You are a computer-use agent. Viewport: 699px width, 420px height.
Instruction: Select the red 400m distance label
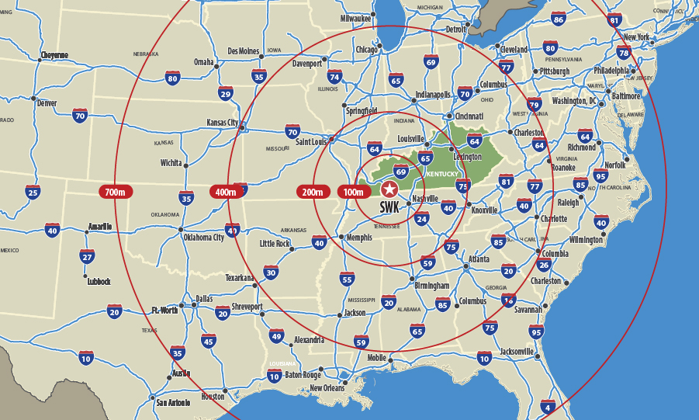226,191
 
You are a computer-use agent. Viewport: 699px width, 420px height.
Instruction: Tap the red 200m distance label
313,191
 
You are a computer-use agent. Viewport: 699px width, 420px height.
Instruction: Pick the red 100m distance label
354,191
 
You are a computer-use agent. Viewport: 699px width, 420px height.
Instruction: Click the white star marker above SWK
389,189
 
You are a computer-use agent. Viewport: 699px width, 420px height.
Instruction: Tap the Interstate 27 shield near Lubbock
88,256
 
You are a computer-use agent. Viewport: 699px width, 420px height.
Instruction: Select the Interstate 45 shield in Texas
208,340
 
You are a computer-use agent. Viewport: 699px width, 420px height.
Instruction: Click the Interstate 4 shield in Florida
548,407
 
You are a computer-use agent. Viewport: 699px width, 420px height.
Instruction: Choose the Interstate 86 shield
558,19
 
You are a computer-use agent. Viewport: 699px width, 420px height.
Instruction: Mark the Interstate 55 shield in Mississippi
347,279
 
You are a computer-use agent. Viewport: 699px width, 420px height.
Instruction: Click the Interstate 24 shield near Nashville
422,219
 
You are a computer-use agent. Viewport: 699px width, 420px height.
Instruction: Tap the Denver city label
47,103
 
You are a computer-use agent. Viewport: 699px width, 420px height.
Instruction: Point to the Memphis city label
359,238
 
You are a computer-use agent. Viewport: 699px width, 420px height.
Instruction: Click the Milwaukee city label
355,18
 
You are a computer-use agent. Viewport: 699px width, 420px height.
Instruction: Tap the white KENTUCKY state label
443,174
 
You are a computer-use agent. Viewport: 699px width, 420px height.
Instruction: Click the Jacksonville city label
517,352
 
